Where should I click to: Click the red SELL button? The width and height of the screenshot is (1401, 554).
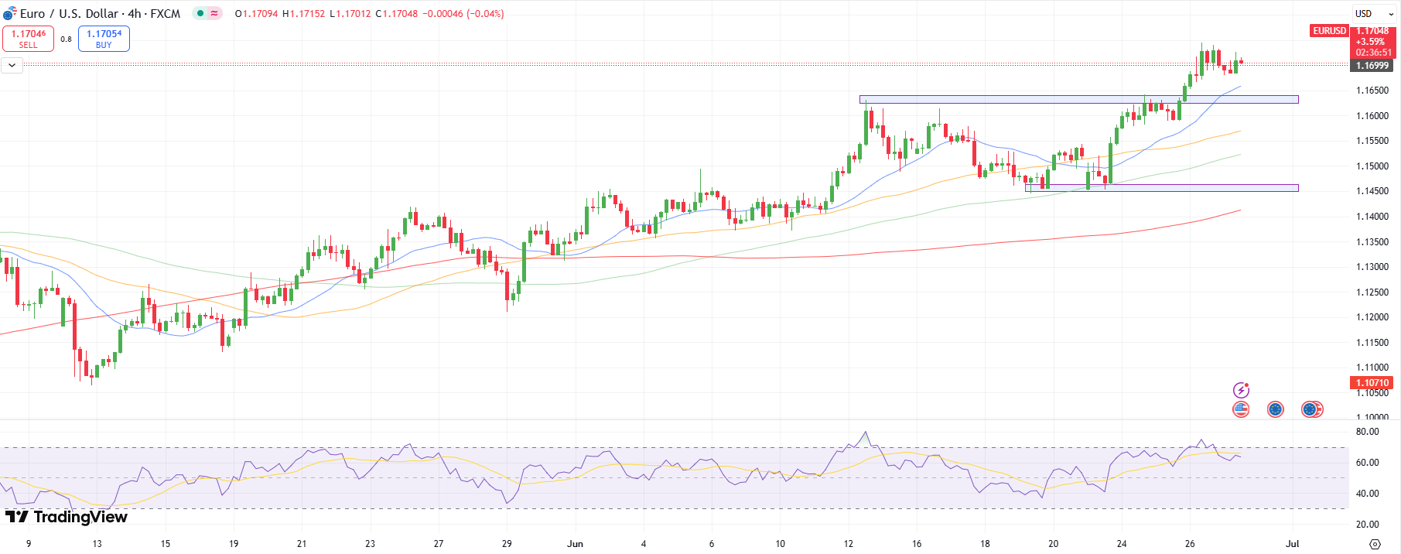[28, 39]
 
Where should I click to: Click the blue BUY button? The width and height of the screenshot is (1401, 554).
[104, 39]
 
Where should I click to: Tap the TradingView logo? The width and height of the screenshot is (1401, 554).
[67, 517]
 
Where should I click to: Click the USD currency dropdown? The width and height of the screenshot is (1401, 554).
[1374, 13]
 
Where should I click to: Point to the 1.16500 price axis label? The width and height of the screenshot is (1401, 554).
[1372, 91]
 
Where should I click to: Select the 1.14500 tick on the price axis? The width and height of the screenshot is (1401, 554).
[1372, 191]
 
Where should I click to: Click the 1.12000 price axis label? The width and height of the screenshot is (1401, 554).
[1372, 317]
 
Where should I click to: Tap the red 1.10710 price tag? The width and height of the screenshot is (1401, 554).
[1372, 383]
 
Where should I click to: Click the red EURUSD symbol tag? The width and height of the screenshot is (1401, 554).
[1329, 31]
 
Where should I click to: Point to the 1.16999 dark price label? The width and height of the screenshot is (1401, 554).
[1372, 66]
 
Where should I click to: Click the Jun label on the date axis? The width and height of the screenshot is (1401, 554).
[575, 544]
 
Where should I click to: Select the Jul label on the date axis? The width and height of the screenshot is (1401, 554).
[1292, 544]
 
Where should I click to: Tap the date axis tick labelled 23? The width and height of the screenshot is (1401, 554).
[371, 544]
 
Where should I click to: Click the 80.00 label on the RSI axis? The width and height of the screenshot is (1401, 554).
[1367, 432]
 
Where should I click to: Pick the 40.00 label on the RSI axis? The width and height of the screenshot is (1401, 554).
[1367, 494]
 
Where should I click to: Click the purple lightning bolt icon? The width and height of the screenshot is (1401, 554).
[1241, 390]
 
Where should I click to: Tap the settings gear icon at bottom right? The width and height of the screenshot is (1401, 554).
[1375, 544]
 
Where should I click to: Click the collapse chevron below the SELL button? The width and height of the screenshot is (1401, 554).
[12, 66]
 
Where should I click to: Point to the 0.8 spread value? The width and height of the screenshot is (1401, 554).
[66, 39]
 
